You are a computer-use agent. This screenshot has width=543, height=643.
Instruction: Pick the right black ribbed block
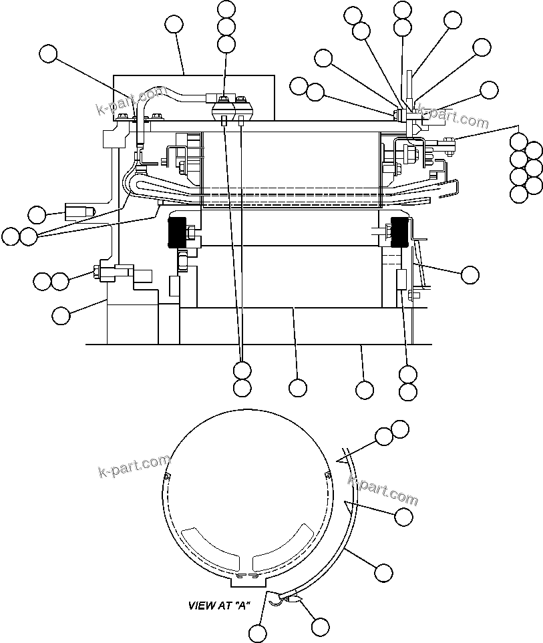click(399, 232)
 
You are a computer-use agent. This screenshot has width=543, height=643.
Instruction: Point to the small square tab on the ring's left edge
click(166, 476)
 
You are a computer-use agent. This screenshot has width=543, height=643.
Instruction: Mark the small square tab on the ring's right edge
click(327, 475)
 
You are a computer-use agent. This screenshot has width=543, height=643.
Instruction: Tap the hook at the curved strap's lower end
click(275, 602)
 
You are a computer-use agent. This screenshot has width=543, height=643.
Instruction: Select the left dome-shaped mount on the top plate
click(224, 110)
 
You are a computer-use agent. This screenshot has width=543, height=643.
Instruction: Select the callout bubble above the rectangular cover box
click(174, 25)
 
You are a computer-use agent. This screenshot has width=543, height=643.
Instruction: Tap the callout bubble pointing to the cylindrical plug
click(37, 214)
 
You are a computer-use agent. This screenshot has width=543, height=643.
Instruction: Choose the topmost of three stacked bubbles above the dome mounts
click(226, 9)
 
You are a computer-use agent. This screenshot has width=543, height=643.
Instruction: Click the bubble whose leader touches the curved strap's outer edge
click(383, 572)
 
